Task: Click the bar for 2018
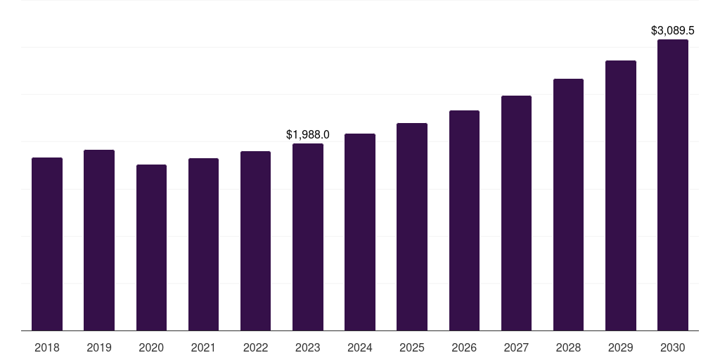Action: (x=47, y=244)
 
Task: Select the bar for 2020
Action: (x=151, y=247)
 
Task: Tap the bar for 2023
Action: (x=308, y=237)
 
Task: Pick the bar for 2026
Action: (x=464, y=220)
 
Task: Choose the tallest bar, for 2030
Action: (x=673, y=185)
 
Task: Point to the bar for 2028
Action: (x=568, y=205)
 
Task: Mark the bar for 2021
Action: (x=203, y=244)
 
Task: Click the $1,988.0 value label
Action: (x=308, y=134)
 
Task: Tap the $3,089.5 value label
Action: (x=673, y=31)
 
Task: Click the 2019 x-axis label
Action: (x=99, y=347)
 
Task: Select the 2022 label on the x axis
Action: (x=255, y=347)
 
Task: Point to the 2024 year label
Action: (x=360, y=347)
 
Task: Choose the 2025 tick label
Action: (x=412, y=347)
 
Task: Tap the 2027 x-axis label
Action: (x=516, y=347)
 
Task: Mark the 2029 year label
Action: (x=620, y=347)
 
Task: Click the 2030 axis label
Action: (x=673, y=347)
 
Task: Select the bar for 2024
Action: (x=360, y=232)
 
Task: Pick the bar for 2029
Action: (x=620, y=195)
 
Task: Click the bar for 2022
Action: (x=255, y=240)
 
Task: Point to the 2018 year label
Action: (x=47, y=347)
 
